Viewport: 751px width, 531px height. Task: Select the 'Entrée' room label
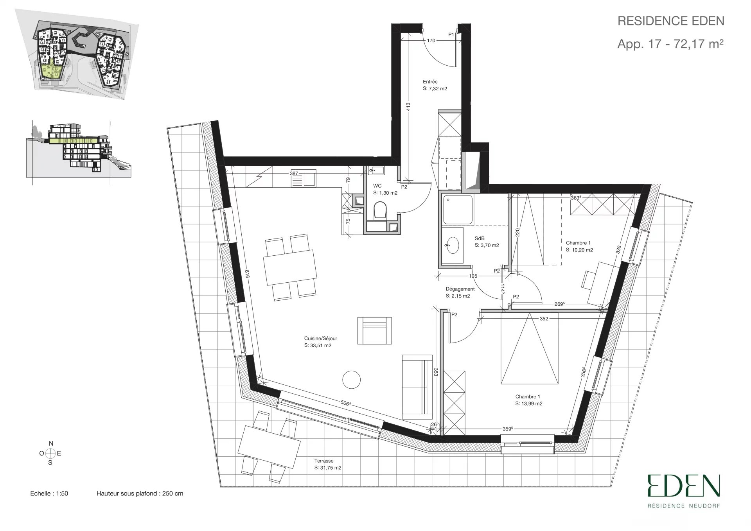[x=430, y=82]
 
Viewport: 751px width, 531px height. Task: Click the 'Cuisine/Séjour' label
[x=320, y=339]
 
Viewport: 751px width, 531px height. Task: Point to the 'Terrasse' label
[x=324, y=461]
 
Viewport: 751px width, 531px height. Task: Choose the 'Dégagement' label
[x=460, y=289]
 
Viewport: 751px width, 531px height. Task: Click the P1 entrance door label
[x=451, y=35]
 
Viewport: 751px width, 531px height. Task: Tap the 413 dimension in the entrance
[x=408, y=107]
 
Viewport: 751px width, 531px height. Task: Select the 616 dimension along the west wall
[x=247, y=274]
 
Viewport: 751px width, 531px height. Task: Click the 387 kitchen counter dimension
[x=294, y=173]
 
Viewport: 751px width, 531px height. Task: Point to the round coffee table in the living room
[x=351, y=379]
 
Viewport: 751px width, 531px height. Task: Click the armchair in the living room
[x=374, y=330]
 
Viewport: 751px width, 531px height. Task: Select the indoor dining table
[x=290, y=267]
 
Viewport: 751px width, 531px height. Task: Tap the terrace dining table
[x=269, y=446]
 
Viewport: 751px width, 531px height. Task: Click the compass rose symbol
[x=50, y=454]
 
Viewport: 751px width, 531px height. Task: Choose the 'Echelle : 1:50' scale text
[x=49, y=493]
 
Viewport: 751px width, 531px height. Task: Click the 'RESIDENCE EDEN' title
[x=671, y=21]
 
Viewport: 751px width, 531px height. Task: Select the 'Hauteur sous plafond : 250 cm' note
[x=140, y=493]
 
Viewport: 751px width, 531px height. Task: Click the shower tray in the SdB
[x=458, y=210]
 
